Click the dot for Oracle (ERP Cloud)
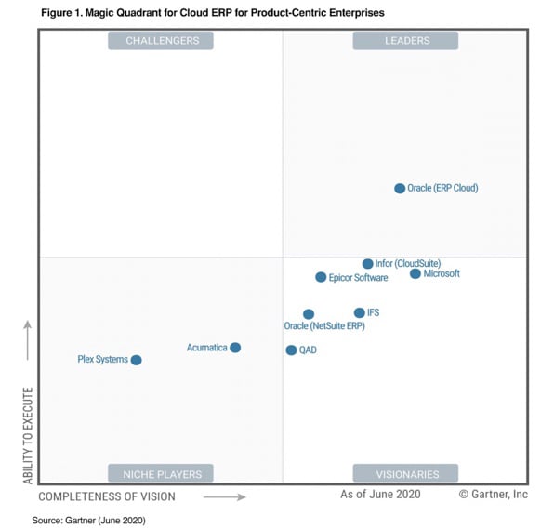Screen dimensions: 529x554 (400, 188)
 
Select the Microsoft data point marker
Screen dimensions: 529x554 (415, 273)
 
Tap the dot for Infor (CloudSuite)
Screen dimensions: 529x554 (368, 264)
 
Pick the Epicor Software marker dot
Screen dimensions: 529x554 (321, 277)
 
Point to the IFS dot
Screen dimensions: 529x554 (360, 313)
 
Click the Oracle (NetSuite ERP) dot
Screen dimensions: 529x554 (309, 314)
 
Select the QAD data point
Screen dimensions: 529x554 (291, 350)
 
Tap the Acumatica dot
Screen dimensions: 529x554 (235, 348)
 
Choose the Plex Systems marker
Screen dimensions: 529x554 (136, 360)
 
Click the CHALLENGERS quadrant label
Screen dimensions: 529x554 (162, 40)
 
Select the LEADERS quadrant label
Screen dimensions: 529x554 (404, 40)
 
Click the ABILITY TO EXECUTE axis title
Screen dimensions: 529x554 (28, 435)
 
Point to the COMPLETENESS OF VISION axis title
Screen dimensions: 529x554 (107, 496)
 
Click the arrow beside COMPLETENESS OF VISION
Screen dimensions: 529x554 (224, 497)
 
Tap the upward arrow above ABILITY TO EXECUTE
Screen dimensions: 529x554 (28, 340)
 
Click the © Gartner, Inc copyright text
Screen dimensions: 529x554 (493, 495)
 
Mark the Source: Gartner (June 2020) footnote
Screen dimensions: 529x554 (88, 520)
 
